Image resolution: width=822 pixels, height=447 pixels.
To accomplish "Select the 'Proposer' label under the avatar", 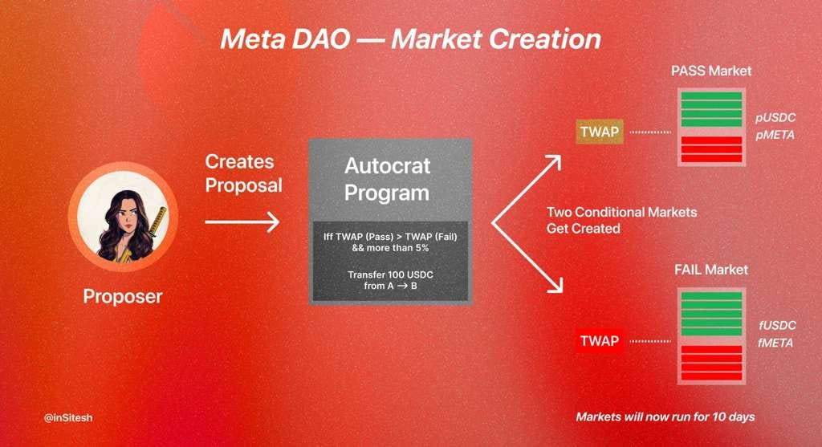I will [123, 296].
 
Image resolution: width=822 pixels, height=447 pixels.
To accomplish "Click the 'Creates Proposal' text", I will [243, 173].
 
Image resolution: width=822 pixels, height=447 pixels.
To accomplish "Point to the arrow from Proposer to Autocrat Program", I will [242, 221].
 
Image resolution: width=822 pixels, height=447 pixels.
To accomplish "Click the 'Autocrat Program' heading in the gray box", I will [387, 180].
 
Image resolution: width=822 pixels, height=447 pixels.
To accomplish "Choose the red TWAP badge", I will [600, 341].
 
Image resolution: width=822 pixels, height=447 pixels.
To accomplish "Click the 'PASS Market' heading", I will [710, 71].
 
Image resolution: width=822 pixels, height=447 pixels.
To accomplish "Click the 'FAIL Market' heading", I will [710, 270].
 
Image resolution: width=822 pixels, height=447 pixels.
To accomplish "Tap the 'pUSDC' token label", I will [775, 118].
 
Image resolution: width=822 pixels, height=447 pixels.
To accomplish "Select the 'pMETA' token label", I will [775, 135].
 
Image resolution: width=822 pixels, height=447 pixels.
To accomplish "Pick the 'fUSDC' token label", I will [775, 325].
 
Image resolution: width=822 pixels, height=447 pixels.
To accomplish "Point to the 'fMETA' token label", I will [775, 343].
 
